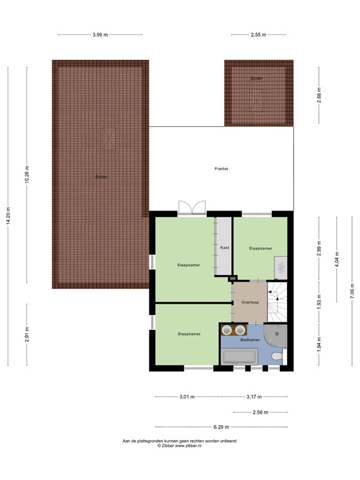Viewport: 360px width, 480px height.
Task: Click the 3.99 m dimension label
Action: click(100, 35)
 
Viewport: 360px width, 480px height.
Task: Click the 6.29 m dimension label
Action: click(221, 427)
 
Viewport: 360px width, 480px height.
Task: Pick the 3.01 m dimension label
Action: click(187, 396)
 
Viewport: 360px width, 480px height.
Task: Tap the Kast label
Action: click(224, 247)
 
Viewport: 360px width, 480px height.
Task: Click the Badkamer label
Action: click(250, 340)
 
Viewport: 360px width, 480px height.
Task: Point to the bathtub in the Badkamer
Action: click(239, 357)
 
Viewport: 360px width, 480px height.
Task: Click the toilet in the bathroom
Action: click(277, 356)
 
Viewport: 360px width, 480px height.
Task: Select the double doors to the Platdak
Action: click(191, 208)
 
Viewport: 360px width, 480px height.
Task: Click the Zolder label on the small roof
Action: click(256, 78)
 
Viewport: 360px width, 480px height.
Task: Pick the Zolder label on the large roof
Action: click(101, 177)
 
